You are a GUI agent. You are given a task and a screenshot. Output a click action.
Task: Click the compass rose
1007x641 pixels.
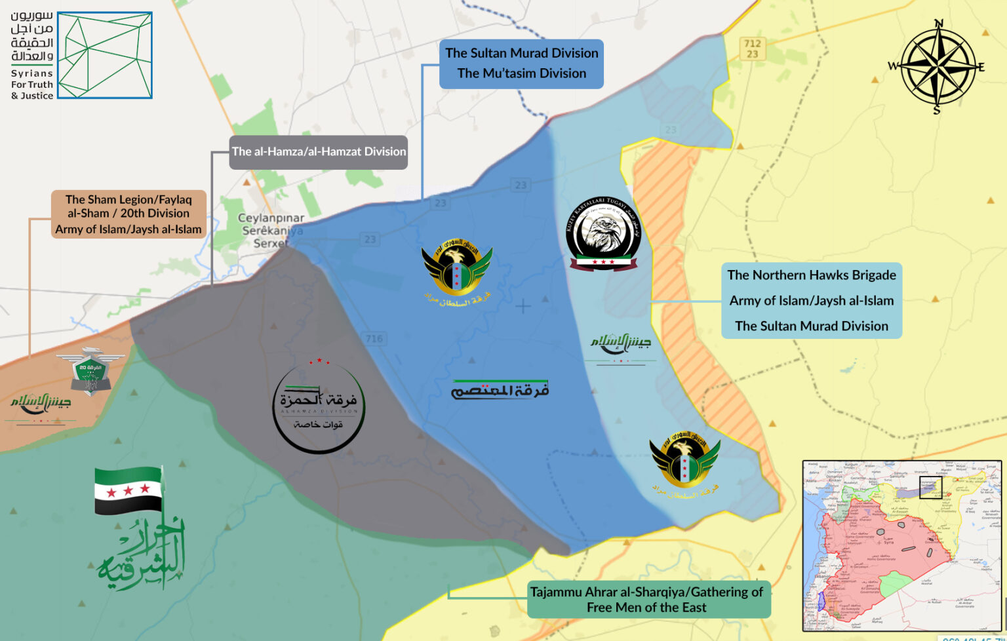click(x=937, y=66)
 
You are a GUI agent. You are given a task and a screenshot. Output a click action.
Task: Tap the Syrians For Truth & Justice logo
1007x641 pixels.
click(x=81, y=56)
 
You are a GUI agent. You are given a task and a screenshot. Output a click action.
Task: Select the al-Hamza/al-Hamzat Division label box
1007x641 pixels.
click(x=319, y=152)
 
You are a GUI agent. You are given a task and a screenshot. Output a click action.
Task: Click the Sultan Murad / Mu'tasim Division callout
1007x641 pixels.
click(x=521, y=63)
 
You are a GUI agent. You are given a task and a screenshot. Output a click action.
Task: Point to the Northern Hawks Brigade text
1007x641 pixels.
click(x=811, y=275)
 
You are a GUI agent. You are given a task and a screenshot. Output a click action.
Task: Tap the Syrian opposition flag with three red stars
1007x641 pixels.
click(x=128, y=490)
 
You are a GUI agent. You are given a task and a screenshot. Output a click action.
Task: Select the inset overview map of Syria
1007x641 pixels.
click(x=902, y=545)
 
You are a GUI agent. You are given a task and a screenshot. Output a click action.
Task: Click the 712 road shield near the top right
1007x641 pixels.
click(x=752, y=49)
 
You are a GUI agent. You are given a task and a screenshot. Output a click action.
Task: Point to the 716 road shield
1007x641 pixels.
click(x=374, y=339)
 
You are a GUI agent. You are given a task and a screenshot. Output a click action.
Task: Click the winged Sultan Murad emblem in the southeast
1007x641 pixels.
click(x=684, y=464)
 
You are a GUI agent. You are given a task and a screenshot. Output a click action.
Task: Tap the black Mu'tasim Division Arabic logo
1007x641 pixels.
click(x=500, y=390)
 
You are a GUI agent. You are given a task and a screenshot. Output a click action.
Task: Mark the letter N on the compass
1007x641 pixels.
click(x=938, y=24)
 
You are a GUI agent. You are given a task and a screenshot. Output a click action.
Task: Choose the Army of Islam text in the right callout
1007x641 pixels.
click(x=811, y=301)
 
